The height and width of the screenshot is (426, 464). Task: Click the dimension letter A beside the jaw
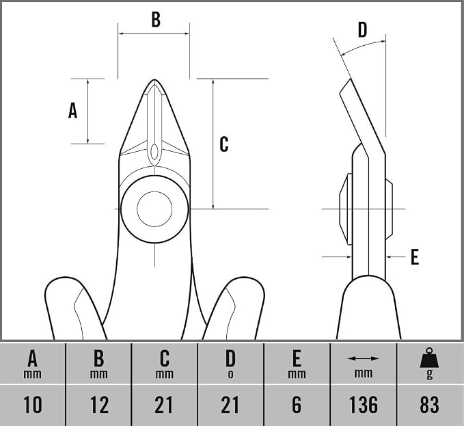pyautogui.click(x=73, y=110)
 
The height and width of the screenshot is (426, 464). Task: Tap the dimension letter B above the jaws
pyautogui.click(x=156, y=19)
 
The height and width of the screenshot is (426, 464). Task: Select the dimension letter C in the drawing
pyautogui.click(x=224, y=144)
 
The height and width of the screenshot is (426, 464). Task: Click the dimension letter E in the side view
pyautogui.click(x=415, y=256)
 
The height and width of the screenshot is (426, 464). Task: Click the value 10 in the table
pyautogui.click(x=33, y=404)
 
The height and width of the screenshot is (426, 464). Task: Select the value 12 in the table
pyautogui.click(x=99, y=404)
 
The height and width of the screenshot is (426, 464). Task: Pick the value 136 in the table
pyautogui.click(x=364, y=404)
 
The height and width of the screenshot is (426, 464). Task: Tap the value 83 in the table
pyautogui.click(x=429, y=404)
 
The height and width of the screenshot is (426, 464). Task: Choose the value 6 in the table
pyautogui.click(x=297, y=404)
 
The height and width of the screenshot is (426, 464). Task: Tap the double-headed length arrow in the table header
pyautogui.click(x=363, y=358)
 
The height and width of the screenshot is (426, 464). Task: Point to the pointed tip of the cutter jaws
pyautogui.click(x=154, y=79)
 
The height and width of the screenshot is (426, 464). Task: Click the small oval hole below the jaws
pyautogui.click(x=154, y=152)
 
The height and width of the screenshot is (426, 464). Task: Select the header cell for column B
pyautogui.click(x=99, y=364)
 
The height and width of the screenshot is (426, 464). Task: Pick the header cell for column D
pyautogui.click(x=230, y=364)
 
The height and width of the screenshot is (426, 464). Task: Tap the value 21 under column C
pyautogui.click(x=164, y=404)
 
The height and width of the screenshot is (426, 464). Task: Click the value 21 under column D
pyautogui.click(x=230, y=404)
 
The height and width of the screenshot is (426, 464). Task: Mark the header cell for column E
pyautogui.click(x=297, y=364)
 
